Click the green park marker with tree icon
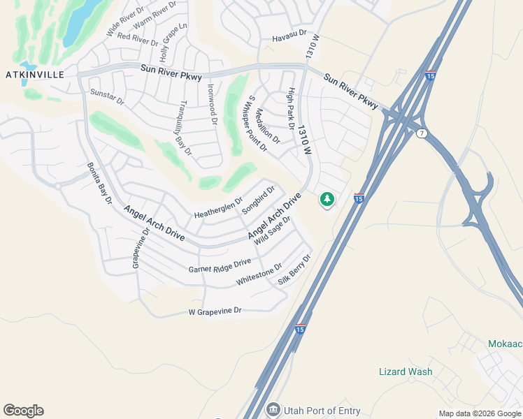coord(327,200)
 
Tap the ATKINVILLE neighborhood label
coord(34,75)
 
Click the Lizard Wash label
coord(406,372)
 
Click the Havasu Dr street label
coord(289,34)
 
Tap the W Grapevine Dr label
coord(215,311)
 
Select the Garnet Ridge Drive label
coord(220,265)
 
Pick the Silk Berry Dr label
coord(294,270)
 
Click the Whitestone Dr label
coord(259,274)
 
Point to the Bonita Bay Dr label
coord(99,182)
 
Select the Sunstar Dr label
coord(107,97)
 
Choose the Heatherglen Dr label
coord(218,207)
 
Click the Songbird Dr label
coord(259,200)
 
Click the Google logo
coord(23,411)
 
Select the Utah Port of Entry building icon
coord(273,409)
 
